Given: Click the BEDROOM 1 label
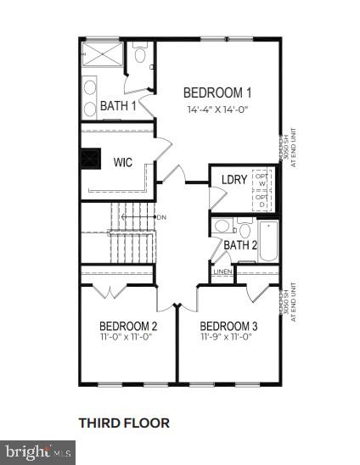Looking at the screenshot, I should click(218, 92).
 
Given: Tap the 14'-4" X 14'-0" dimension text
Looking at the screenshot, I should click(218, 109).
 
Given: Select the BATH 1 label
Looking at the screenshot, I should click(118, 106).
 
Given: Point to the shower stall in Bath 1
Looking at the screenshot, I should click(105, 55).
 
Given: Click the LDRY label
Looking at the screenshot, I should click(233, 180).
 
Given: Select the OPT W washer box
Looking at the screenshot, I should click(262, 179).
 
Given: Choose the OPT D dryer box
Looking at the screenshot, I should click(262, 200).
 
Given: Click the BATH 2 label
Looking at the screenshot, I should click(240, 245).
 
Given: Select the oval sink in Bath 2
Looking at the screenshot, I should click(223, 227).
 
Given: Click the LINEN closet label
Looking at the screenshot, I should click(222, 272).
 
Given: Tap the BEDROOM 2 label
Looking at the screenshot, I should click(128, 326).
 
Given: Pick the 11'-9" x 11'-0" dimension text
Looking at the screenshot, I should click(228, 337).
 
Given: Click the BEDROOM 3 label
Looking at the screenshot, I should click(228, 326).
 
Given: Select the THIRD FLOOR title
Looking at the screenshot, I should click(124, 422).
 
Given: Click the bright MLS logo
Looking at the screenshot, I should click(38, 454).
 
